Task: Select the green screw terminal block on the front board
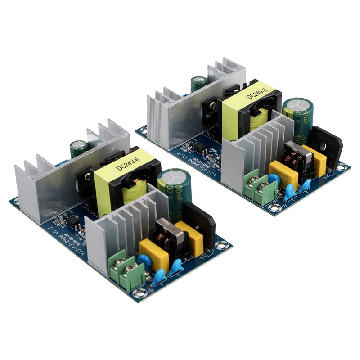127,271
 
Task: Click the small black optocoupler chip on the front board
72,221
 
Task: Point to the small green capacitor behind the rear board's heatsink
198,83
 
